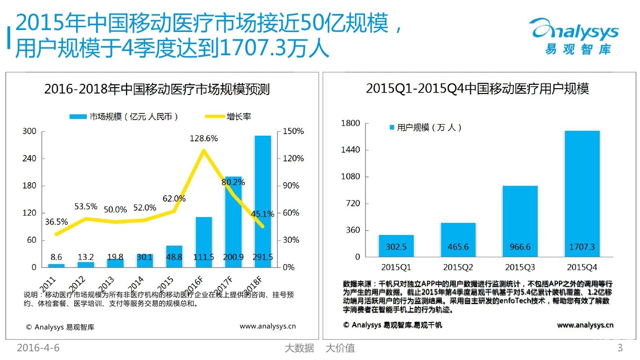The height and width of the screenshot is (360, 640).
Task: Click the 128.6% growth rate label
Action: tap(204, 138)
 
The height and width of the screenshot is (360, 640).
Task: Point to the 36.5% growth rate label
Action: tap(56, 222)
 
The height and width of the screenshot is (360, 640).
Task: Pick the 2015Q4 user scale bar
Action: tap(582, 193)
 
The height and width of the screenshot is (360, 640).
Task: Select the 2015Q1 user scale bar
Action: tap(396, 246)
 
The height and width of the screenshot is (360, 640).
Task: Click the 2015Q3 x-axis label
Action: tap(520, 267)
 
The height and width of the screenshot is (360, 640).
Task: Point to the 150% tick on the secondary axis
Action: tap(294, 131)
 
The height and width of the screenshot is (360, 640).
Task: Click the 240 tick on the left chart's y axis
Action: tap(30, 158)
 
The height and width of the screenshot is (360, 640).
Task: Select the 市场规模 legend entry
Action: tap(124, 116)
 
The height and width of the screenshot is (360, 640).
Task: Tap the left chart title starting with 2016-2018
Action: tap(157, 90)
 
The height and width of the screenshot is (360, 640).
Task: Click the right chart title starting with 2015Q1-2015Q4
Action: tap(477, 89)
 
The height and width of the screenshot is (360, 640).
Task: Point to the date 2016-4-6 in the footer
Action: tap(38, 348)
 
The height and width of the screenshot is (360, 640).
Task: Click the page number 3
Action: tap(620, 348)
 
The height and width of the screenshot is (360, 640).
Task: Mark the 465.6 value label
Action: tap(458, 247)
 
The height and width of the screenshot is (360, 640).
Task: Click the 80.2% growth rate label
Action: tap(233, 183)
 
